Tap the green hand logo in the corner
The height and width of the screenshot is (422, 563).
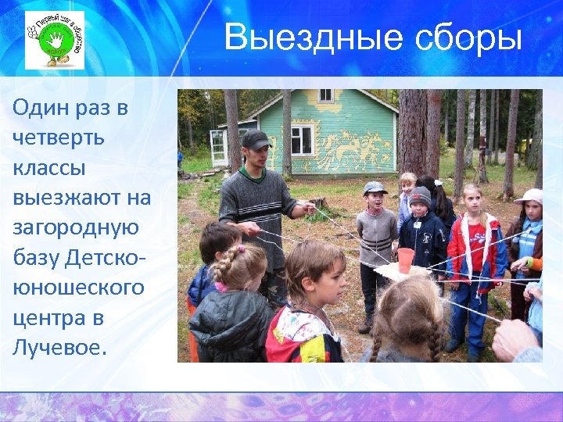pos(54,40)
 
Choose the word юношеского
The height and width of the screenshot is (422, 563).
pos(78,288)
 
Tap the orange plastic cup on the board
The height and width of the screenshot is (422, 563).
pos(405,259)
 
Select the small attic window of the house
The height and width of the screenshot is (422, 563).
pos(325,95)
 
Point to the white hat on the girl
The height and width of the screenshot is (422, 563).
pos(531,195)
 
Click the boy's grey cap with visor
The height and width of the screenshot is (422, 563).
pos(375,188)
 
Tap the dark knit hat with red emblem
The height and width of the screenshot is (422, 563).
pos(421,195)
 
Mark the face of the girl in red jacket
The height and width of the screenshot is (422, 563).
pos(472,199)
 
